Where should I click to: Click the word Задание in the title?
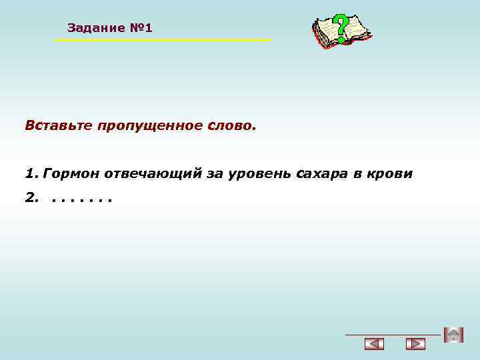96,28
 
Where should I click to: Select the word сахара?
322,174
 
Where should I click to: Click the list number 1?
30,174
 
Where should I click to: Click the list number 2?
31,198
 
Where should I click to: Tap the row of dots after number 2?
81,199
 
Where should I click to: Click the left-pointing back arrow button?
375,345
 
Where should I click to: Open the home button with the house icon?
453,335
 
